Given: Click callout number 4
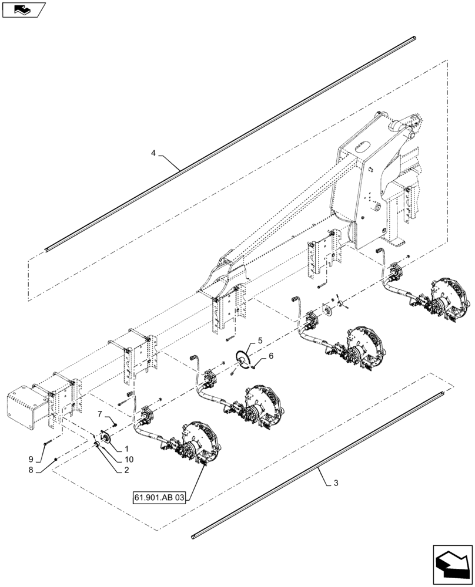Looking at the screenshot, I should coord(153,153).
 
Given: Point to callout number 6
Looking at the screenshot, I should coord(270,356).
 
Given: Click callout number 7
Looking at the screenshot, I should coord(99,414).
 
